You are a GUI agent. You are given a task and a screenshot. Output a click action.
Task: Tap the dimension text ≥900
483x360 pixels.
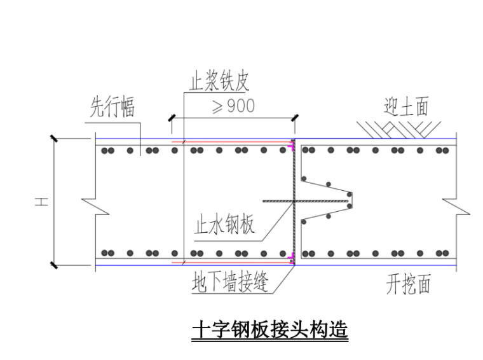pyautogui.click(x=232, y=106)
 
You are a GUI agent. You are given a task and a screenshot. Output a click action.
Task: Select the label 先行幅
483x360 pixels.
pyautogui.click(x=112, y=108)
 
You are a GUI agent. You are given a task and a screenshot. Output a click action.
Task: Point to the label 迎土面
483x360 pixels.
pyautogui.click(x=407, y=106)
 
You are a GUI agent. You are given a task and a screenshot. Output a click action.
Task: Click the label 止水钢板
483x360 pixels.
pyautogui.click(x=224, y=224)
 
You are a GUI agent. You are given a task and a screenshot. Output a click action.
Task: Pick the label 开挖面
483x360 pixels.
pyautogui.click(x=408, y=284)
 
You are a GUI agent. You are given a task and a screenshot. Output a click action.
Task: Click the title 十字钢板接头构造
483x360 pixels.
pyautogui.click(x=269, y=331)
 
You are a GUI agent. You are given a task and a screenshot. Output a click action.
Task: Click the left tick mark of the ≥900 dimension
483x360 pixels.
pyautogui.click(x=171, y=118)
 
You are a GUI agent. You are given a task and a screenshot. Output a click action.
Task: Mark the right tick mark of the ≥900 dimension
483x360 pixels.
pyautogui.click(x=295, y=118)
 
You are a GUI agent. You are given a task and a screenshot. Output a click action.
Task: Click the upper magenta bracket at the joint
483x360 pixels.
pyautogui.click(x=291, y=147)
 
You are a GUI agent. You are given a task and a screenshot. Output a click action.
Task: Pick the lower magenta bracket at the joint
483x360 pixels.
pyautogui.click(x=291, y=258)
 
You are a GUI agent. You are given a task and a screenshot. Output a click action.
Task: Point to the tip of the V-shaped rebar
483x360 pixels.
pyautogui.click(x=351, y=200)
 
